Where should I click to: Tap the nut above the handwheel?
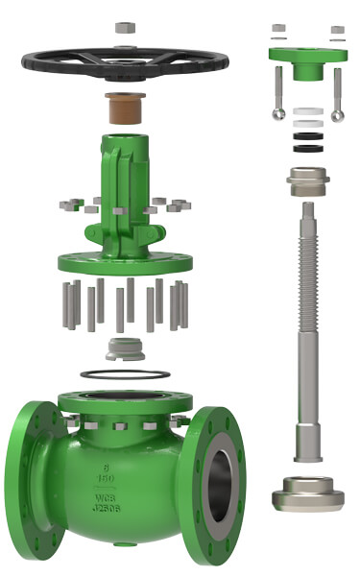(125, 28)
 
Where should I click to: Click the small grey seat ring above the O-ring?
(125, 348)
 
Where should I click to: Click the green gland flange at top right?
(307, 60)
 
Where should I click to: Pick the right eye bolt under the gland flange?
(338, 100)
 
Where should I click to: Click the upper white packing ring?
(307, 112)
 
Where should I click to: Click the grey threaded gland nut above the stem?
(307, 179)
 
